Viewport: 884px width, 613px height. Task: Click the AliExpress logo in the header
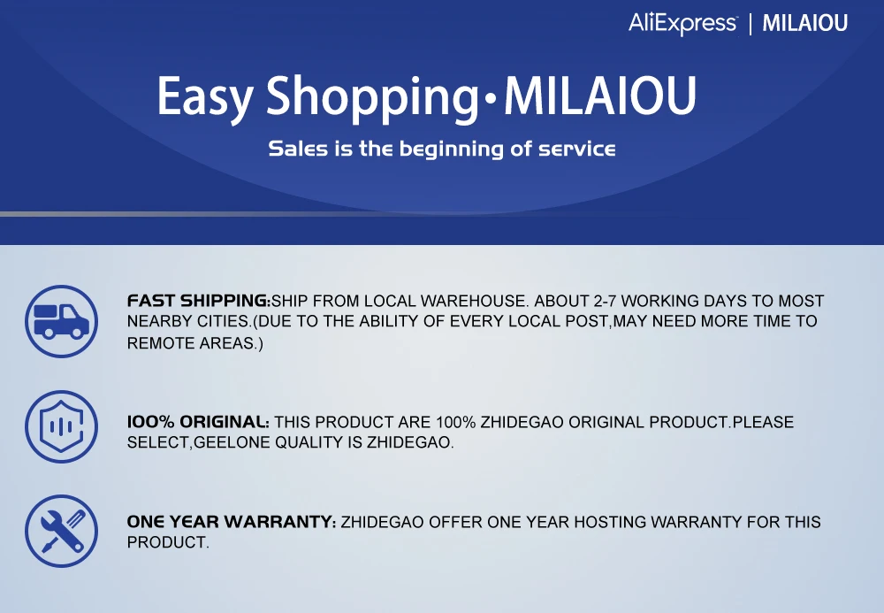[682, 24]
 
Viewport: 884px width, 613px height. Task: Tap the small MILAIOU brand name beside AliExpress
[805, 23]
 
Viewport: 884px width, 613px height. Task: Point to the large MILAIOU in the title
[600, 96]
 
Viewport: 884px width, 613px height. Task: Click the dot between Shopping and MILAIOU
[491, 100]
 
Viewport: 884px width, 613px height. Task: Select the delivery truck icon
[62, 321]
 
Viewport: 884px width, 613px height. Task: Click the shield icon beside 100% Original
[62, 426]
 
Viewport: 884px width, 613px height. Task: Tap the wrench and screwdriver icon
[62, 532]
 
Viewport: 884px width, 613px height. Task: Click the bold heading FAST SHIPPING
[199, 301]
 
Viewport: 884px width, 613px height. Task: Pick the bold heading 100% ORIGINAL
[198, 422]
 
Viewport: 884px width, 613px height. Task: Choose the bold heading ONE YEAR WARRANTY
[232, 522]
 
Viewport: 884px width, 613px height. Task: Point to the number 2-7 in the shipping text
[605, 301]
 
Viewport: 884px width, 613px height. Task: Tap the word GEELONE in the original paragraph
[232, 442]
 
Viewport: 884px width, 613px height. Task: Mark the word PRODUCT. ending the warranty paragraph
[168, 542]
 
